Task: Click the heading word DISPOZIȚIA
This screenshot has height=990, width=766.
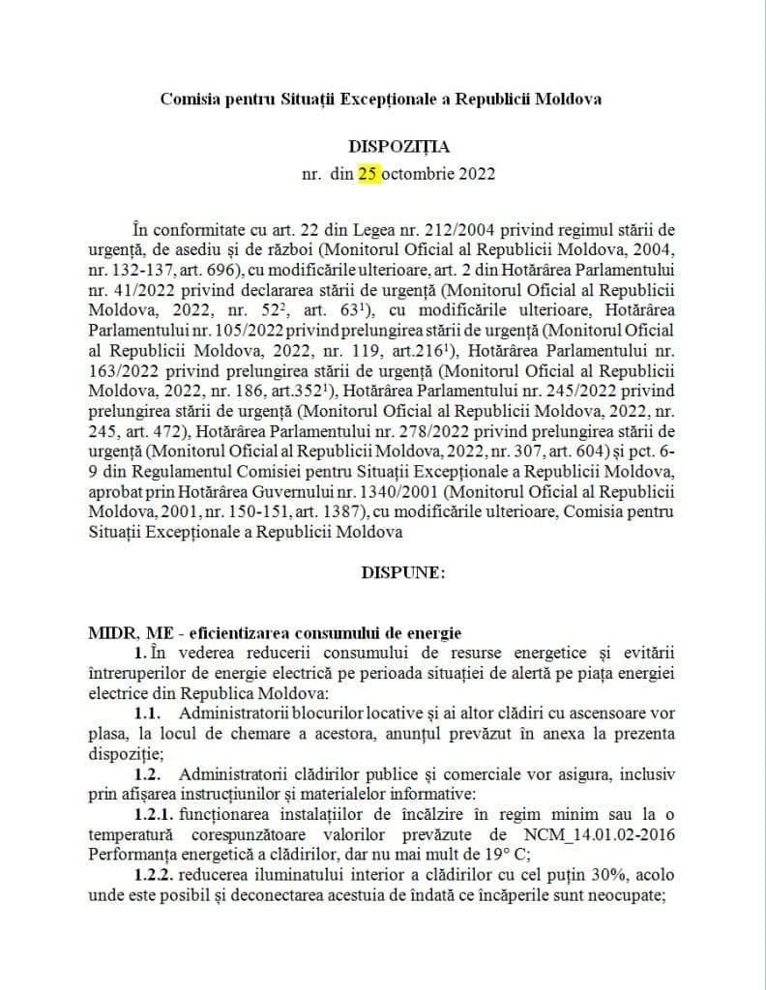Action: click(392, 146)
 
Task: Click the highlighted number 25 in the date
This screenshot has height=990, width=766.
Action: click(368, 174)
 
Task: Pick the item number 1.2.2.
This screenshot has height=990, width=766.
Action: click(156, 875)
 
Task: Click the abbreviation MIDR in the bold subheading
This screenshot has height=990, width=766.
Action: click(111, 633)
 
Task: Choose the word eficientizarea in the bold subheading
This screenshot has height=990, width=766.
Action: click(239, 633)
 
